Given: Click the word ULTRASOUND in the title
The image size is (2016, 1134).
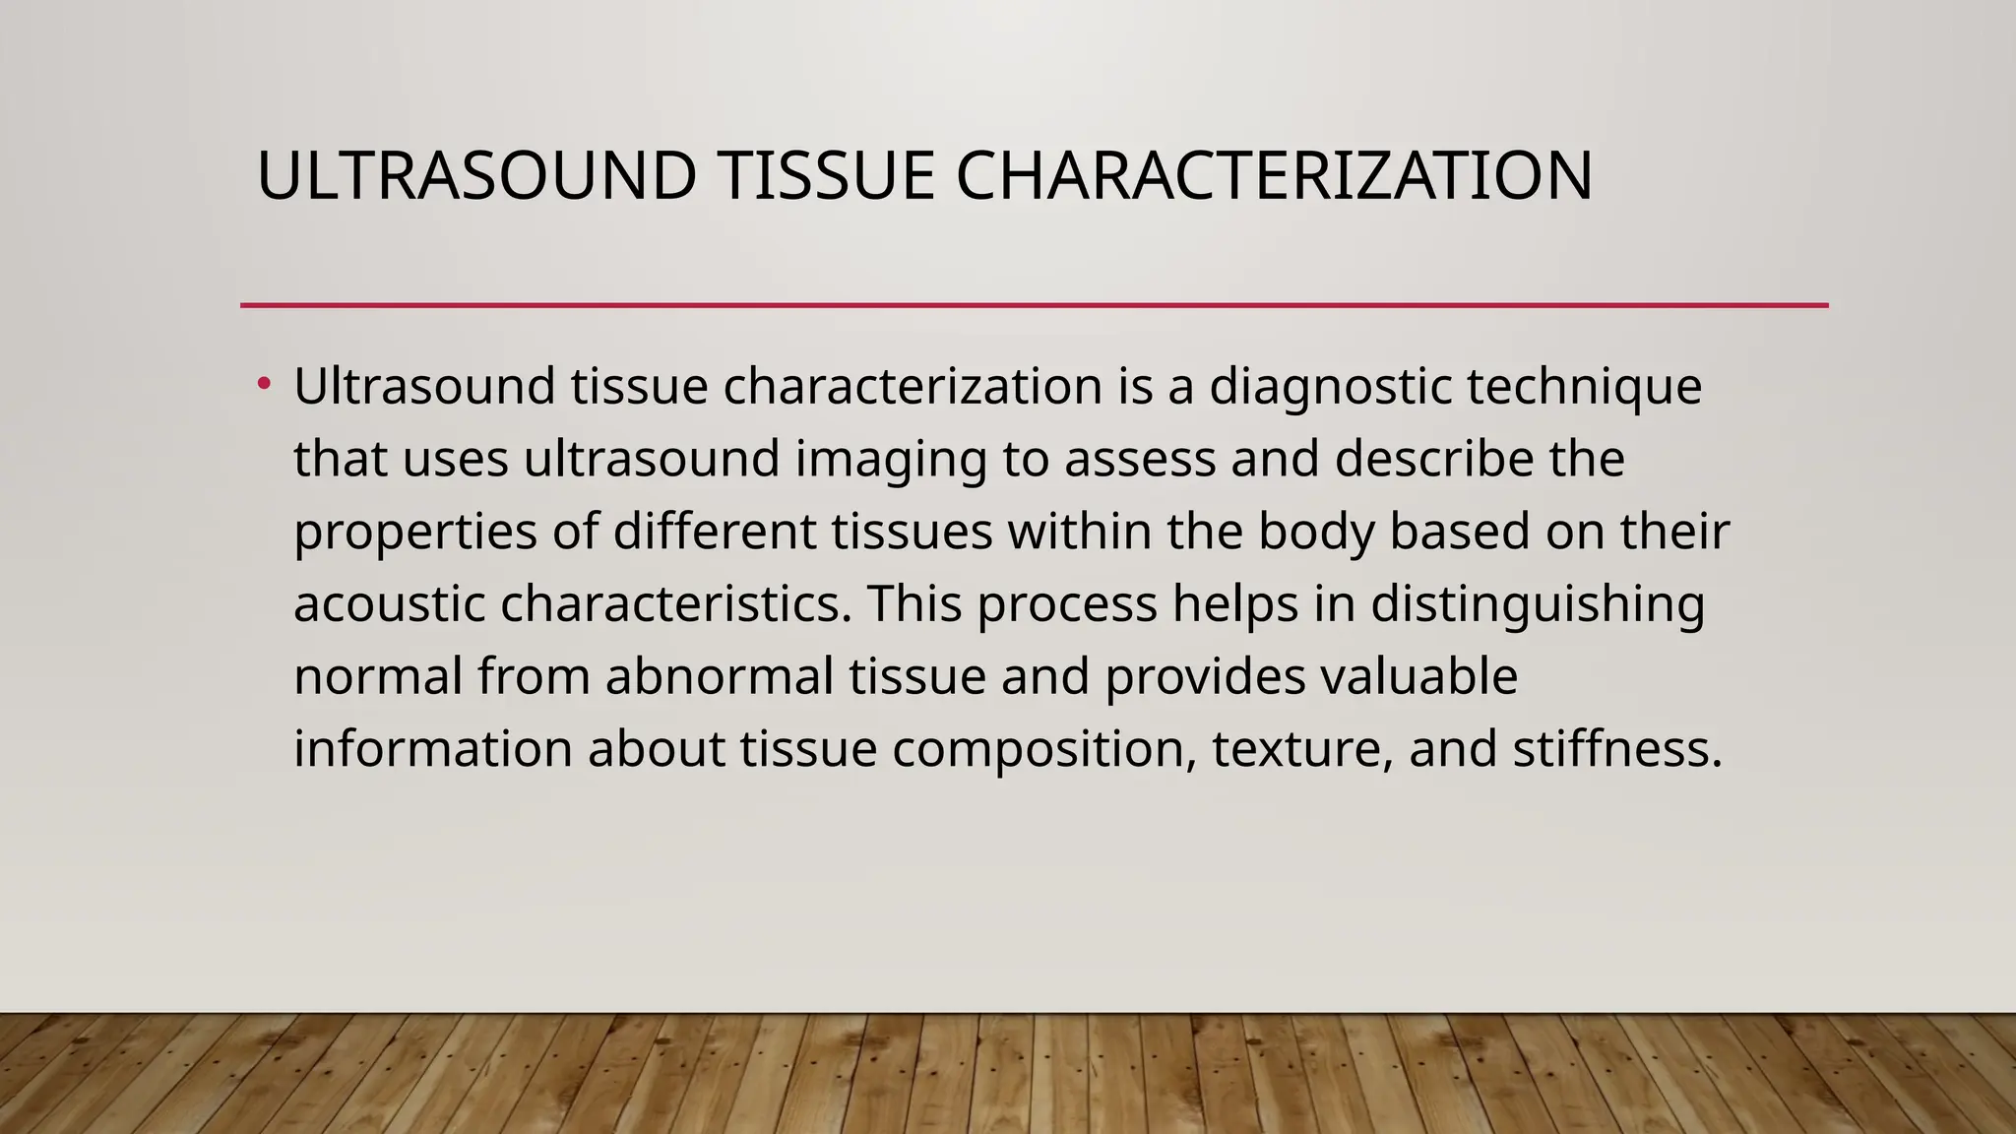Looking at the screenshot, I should point(476,177).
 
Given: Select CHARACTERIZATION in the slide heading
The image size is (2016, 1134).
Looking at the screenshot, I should point(1274,177).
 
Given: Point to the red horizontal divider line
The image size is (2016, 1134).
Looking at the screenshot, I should point(1034,305).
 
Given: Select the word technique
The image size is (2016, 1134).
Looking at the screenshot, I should point(1585,387).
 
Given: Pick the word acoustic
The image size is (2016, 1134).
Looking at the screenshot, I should point(390,603).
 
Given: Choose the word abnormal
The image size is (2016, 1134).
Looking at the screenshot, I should point(720,676).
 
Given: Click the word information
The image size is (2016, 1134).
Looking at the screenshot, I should point(433,749).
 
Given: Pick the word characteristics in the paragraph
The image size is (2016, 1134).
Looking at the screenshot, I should point(675,603).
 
